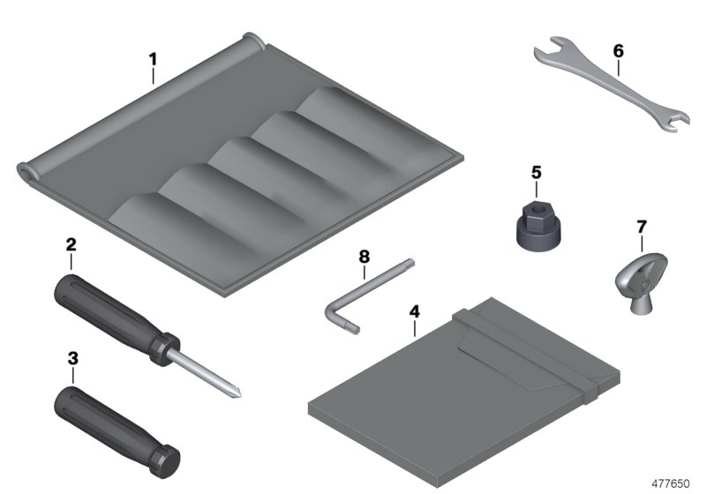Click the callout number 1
pyautogui.click(x=153, y=59)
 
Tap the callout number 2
pyautogui.click(x=70, y=243)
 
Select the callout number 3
pyautogui.click(x=72, y=359)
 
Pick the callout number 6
pyautogui.click(x=618, y=50)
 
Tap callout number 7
pyautogui.click(x=642, y=228)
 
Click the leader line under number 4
pyautogui.click(x=414, y=331)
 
